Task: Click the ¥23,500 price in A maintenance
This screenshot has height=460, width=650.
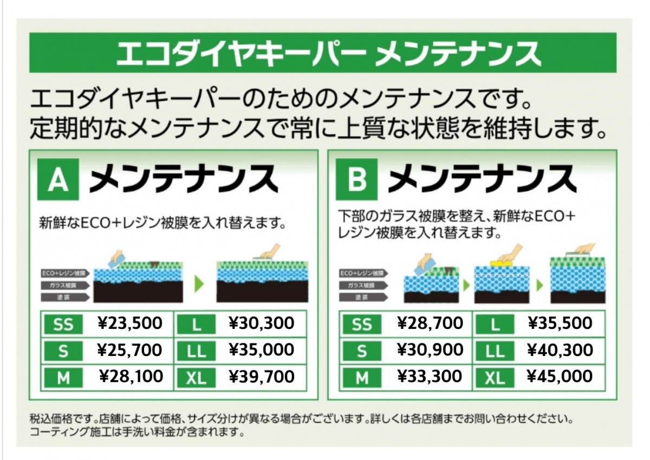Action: pyautogui.click(x=130, y=324)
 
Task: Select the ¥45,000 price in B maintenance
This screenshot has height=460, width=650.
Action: pyautogui.click(x=560, y=377)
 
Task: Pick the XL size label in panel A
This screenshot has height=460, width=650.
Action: pyautogui.click(x=196, y=378)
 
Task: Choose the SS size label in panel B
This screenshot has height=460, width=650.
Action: pyautogui.click(x=362, y=325)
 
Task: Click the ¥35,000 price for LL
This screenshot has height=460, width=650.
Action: pyautogui.click(x=262, y=350)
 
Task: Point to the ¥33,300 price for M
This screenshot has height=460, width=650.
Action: pyautogui.click(x=430, y=377)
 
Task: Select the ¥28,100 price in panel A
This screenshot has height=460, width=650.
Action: pyautogui.click(x=131, y=377)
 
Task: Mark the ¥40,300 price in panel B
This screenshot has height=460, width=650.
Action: pyautogui.click(x=560, y=350)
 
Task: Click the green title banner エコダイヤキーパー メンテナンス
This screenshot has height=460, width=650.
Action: pyautogui.click(x=323, y=53)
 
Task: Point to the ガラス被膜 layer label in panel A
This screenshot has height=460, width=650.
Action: pyautogui.click(x=64, y=284)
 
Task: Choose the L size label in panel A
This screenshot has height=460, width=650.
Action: pyautogui.click(x=197, y=325)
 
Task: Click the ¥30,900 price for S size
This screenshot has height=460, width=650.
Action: pyautogui.click(x=430, y=350)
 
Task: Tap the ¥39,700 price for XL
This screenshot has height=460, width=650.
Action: pyautogui.click(x=262, y=377)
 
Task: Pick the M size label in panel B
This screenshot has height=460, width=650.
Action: pyautogui.click(x=362, y=378)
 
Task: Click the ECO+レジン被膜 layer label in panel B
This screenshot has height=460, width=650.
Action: pyautogui.click(x=362, y=273)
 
